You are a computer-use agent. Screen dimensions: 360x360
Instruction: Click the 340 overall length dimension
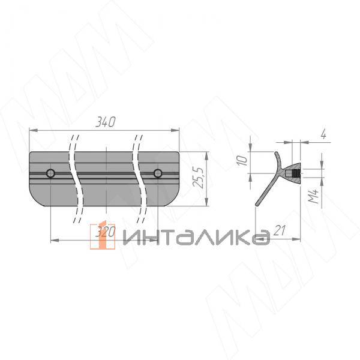tap(105, 122)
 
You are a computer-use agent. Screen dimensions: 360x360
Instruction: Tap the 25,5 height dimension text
tap(202, 178)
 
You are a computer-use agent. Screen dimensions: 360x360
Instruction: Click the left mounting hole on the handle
tap(50, 174)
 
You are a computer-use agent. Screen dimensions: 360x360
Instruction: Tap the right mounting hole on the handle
tap(158, 174)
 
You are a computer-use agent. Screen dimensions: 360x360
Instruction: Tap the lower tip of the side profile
tap(258, 205)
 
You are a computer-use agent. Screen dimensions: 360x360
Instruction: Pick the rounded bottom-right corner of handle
tap(175, 199)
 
